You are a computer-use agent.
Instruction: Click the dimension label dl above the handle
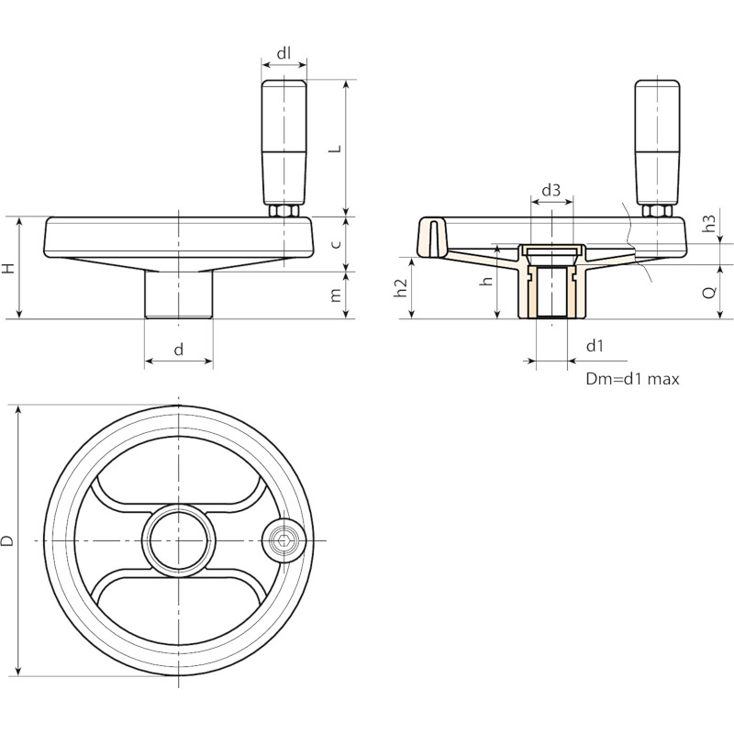(284, 53)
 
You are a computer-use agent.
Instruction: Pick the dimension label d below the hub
(178, 350)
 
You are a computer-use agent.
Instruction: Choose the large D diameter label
(7, 541)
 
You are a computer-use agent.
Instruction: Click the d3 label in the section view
(551, 191)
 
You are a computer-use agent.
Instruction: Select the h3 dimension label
(709, 223)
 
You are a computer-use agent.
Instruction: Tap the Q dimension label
(709, 292)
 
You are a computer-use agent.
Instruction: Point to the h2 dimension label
(401, 288)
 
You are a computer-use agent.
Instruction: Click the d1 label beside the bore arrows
(595, 346)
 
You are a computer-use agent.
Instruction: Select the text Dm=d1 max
(632, 379)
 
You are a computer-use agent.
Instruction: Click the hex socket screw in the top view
(283, 541)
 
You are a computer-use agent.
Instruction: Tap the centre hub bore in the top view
(178, 541)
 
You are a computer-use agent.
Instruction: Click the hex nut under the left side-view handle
(284, 211)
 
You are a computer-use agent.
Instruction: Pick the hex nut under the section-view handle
(657, 211)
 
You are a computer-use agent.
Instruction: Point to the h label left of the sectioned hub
(488, 282)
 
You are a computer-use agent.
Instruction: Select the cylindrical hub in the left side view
(178, 295)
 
